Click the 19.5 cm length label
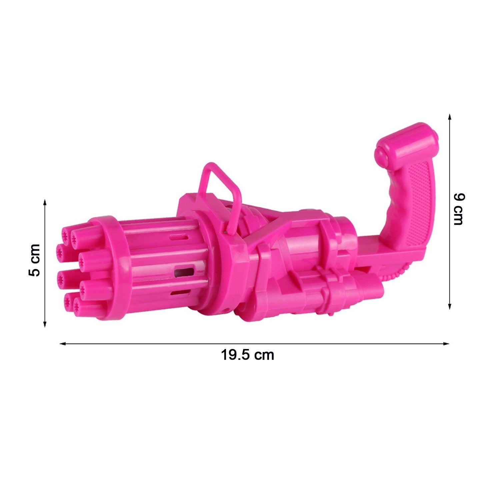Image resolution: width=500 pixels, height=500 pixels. (x=247, y=355)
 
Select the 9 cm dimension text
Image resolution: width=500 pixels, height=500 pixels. (x=459, y=209)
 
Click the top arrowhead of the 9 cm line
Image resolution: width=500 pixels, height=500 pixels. (x=450, y=117)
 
